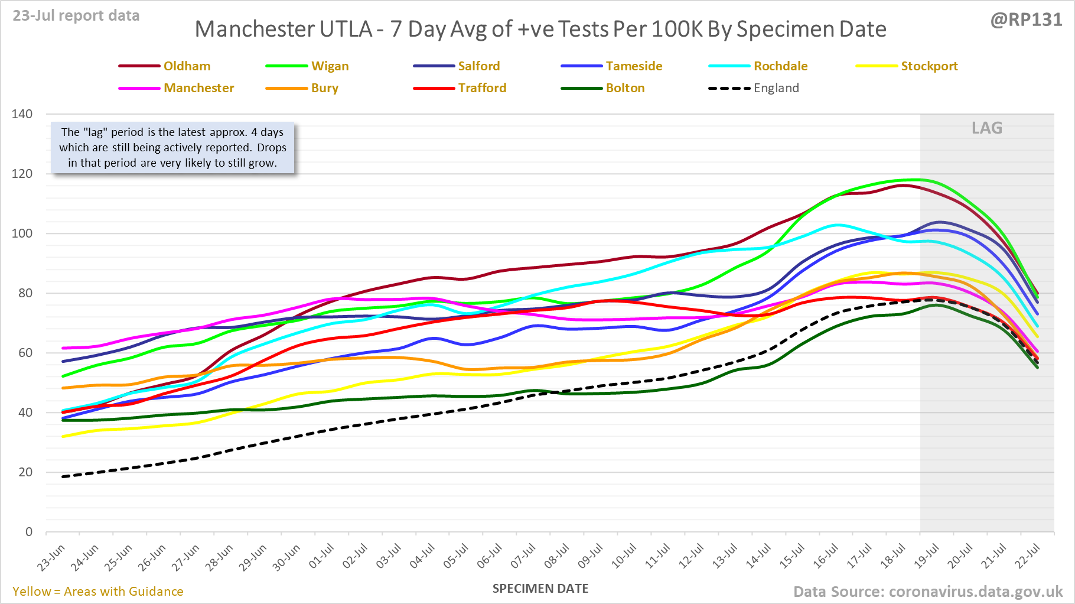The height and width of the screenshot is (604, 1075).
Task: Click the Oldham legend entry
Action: click(187, 66)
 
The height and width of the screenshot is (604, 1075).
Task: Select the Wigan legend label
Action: click(330, 66)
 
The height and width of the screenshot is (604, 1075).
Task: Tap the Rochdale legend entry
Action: click(780, 66)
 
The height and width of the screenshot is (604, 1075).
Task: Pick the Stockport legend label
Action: click(929, 66)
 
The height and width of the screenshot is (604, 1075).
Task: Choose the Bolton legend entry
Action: click(625, 88)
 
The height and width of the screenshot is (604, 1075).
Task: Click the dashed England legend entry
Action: click(776, 88)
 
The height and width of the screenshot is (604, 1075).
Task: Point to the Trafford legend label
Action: click(482, 88)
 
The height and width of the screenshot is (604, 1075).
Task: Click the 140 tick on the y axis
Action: click(22, 114)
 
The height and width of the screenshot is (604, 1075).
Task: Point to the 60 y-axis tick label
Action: click(25, 353)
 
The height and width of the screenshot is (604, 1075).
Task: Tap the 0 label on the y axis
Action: click(29, 532)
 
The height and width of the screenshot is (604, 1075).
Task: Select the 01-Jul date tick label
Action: click(322, 556)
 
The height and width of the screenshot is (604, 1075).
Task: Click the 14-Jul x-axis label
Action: click(759, 556)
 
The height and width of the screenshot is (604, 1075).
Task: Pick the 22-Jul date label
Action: click(1028, 556)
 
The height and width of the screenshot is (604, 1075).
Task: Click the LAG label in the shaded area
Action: click(987, 128)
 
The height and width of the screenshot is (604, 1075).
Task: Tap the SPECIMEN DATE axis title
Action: click(540, 589)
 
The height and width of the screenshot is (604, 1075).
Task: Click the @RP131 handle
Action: click(1026, 20)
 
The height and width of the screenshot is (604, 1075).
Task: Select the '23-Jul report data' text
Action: click(76, 16)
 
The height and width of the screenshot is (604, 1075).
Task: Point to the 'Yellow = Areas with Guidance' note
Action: click(98, 592)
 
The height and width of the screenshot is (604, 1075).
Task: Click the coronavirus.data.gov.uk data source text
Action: click(975, 592)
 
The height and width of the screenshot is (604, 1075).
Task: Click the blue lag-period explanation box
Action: click(172, 148)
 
